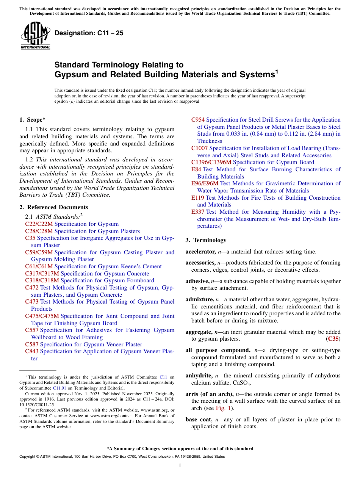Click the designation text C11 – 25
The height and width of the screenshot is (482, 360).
click(89, 33)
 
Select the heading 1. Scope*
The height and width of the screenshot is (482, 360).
click(33, 120)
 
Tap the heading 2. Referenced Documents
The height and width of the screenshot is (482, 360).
click(54, 207)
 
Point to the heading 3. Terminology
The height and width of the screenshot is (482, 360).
click(206, 240)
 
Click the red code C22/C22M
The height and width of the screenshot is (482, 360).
click(39, 224)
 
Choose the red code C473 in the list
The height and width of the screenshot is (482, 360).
click(32, 302)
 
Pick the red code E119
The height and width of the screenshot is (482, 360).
click(198, 198)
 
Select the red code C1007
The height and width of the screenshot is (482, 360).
click(199, 148)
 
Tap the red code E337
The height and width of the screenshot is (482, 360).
click(198, 212)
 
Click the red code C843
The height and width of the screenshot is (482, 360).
click(32, 351)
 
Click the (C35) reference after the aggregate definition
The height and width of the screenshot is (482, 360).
click(333, 339)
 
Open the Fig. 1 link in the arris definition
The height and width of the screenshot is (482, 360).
click(222, 408)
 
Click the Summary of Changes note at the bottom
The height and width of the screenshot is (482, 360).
click(180, 449)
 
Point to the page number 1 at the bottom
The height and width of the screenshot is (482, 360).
click(180, 466)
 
